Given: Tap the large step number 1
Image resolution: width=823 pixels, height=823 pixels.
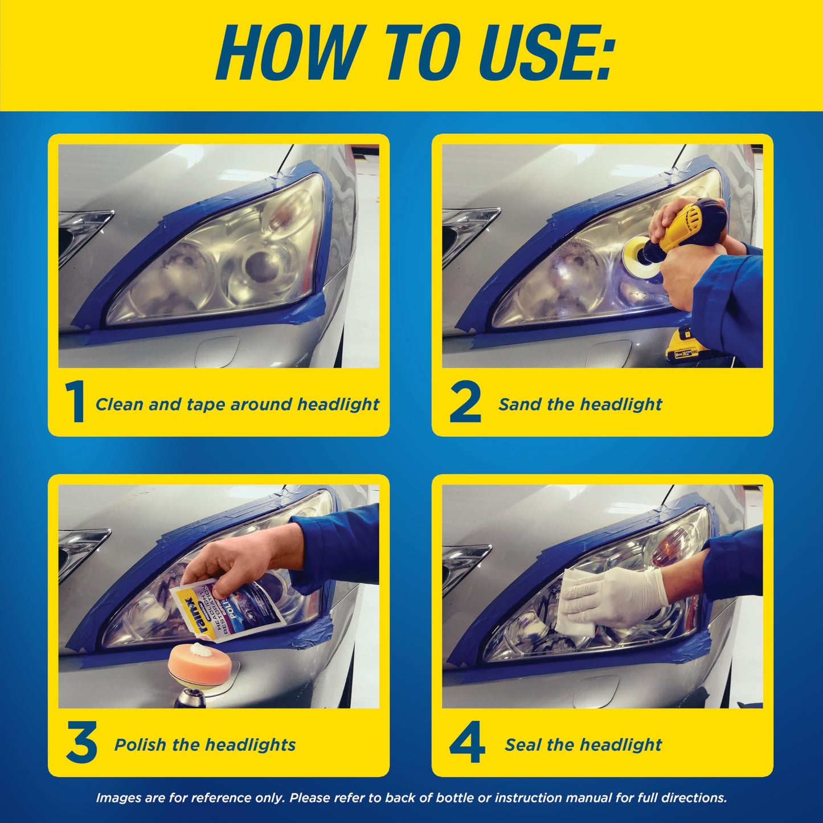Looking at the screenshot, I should (x=75, y=403).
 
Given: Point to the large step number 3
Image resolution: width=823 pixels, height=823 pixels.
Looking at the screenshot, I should (x=81, y=743).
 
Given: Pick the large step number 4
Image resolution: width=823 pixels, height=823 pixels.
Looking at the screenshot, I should (x=467, y=743).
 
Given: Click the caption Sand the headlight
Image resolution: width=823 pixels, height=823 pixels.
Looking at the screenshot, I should (x=580, y=404).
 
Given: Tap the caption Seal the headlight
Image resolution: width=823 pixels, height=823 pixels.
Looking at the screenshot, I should (x=583, y=744).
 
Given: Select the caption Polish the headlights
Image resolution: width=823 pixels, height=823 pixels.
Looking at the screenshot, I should (x=205, y=744).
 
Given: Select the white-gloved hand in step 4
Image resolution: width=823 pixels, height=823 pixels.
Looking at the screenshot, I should (x=632, y=589).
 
